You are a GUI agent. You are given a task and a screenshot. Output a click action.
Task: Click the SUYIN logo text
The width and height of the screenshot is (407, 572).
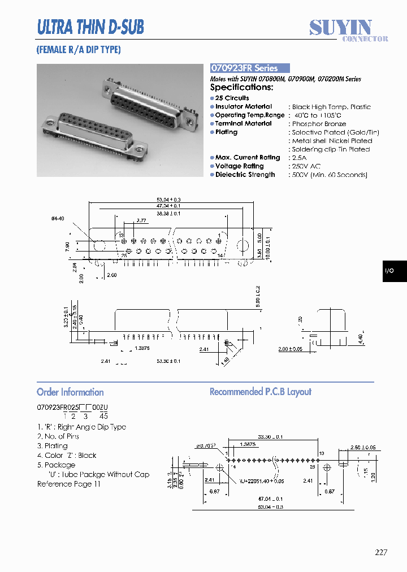click(x=340, y=27)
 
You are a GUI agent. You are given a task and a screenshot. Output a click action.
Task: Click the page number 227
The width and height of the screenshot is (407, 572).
click(x=381, y=552)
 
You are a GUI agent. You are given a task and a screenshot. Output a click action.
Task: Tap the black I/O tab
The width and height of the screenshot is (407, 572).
click(x=389, y=271)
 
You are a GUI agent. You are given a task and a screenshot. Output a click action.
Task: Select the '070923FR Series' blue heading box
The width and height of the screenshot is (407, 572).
click(x=250, y=68)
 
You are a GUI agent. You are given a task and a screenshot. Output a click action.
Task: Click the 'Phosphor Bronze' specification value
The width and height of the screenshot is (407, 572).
click(x=319, y=124)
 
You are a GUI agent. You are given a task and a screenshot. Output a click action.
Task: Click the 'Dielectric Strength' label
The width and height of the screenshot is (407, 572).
click(x=245, y=175)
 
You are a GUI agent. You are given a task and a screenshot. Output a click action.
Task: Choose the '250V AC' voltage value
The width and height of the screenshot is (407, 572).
click(x=306, y=166)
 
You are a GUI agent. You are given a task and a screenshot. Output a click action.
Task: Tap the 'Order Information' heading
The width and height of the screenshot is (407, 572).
click(x=70, y=392)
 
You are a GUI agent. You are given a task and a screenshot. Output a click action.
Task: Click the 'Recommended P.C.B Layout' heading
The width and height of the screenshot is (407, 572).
click(x=261, y=392)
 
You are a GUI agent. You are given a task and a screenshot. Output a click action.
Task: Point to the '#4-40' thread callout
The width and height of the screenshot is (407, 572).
click(x=58, y=218)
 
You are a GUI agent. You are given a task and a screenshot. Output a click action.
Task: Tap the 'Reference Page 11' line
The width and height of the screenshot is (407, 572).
click(x=68, y=484)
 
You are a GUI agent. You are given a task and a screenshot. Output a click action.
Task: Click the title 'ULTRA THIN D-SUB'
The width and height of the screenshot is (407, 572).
click(x=90, y=27)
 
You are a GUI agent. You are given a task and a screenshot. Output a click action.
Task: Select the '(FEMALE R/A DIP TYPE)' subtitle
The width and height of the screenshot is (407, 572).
click(x=79, y=50)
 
